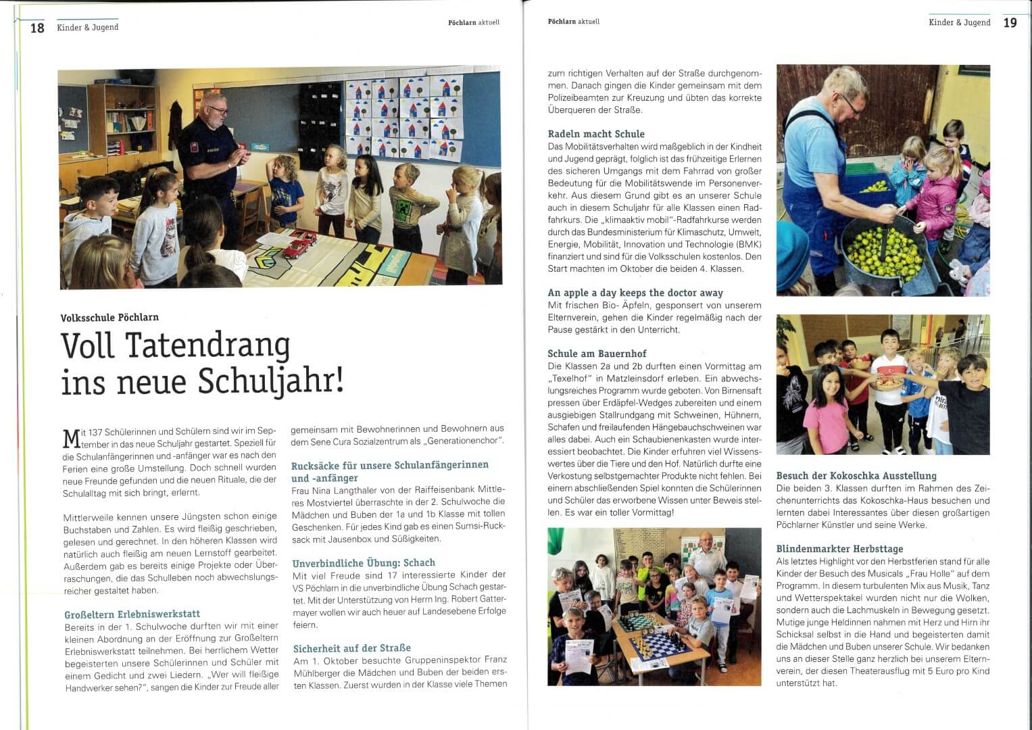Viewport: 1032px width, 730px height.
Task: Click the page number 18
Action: [37, 28]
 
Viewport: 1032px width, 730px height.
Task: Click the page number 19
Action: [1010, 23]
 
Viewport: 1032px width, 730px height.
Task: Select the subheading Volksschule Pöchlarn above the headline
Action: [109, 317]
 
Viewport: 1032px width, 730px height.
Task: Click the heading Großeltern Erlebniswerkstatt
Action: [132, 614]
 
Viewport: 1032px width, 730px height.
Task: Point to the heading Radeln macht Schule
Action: [595, 134]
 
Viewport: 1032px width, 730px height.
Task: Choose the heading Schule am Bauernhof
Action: [597, 354]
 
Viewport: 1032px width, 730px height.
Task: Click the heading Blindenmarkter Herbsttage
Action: [839, 549]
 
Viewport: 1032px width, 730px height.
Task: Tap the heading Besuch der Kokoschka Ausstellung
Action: [856, 476]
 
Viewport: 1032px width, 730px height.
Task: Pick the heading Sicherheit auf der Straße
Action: [351, 648]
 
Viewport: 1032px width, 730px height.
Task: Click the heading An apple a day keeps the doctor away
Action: [635, 293]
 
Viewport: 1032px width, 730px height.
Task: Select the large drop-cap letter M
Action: [71, 439]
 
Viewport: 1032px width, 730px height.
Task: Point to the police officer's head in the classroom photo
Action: [216, 108]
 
